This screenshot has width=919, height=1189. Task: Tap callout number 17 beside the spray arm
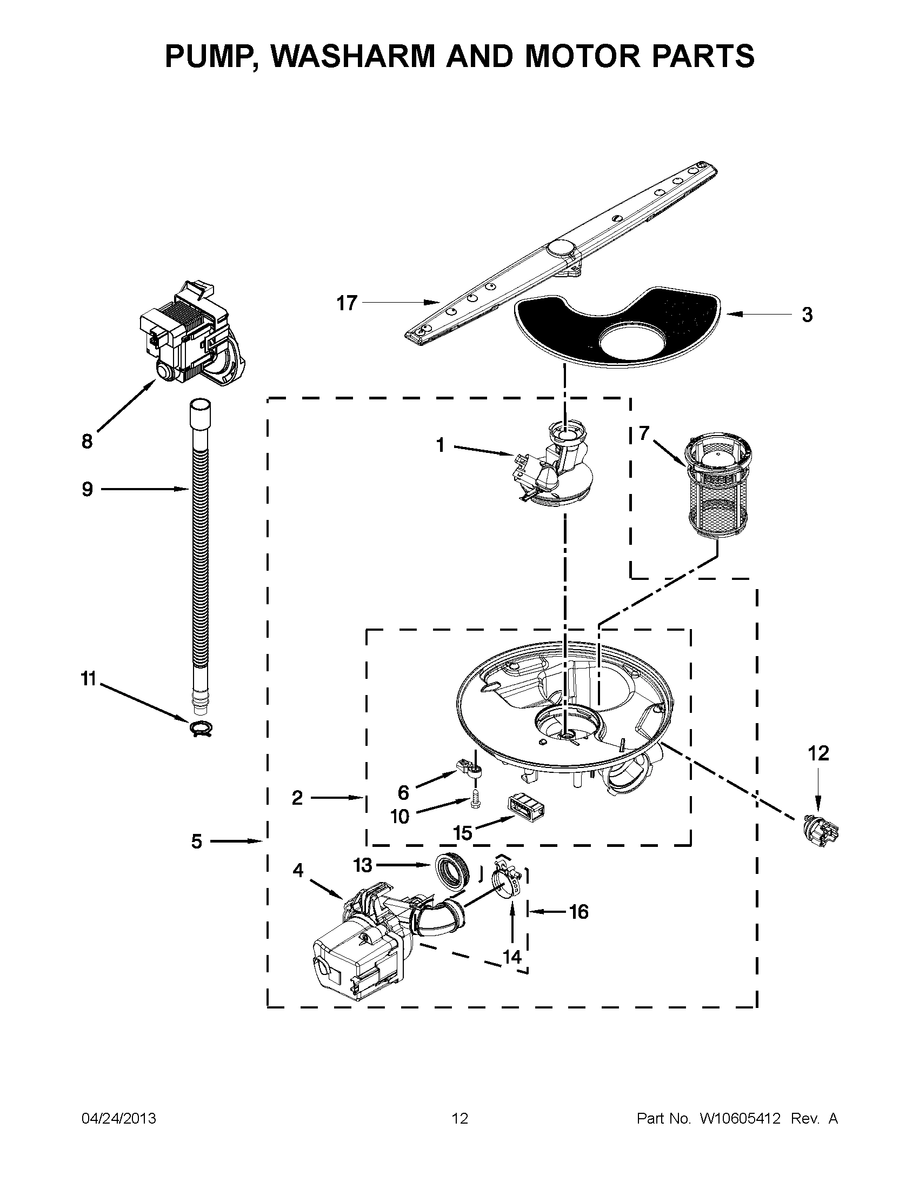pos(347,303)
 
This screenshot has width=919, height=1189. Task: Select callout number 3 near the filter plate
pos(807,315)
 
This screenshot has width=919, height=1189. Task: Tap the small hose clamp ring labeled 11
pos(201,728)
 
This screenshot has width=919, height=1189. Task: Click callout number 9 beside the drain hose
pos(87,489)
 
